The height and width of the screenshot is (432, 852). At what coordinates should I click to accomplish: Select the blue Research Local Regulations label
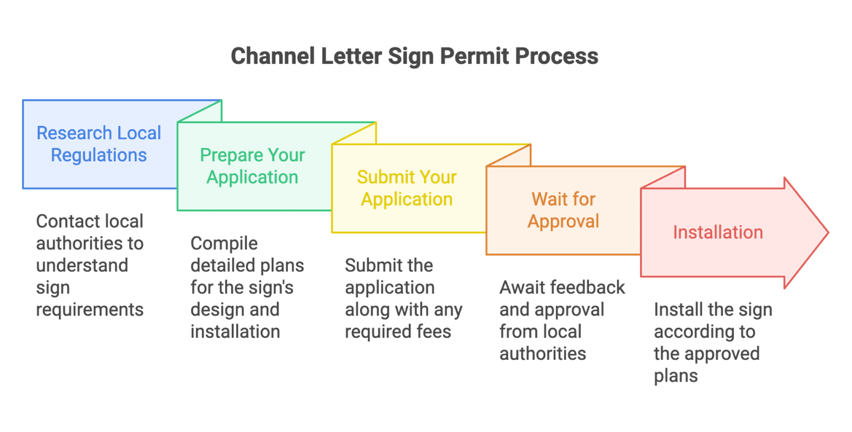(x=99, y=144)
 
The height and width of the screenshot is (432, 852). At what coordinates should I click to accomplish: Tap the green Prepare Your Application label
(x=252, y=166)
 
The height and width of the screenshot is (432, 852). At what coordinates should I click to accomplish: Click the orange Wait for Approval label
(x=563, y=210)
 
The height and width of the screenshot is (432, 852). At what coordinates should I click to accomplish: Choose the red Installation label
(x=718, y=232)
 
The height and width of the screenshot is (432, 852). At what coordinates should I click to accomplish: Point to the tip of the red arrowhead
(x=828, y=232)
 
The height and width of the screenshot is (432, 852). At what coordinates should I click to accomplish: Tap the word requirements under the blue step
(x=90, y=309)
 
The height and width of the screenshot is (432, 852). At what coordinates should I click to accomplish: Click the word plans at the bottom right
(x=676, y=375)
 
